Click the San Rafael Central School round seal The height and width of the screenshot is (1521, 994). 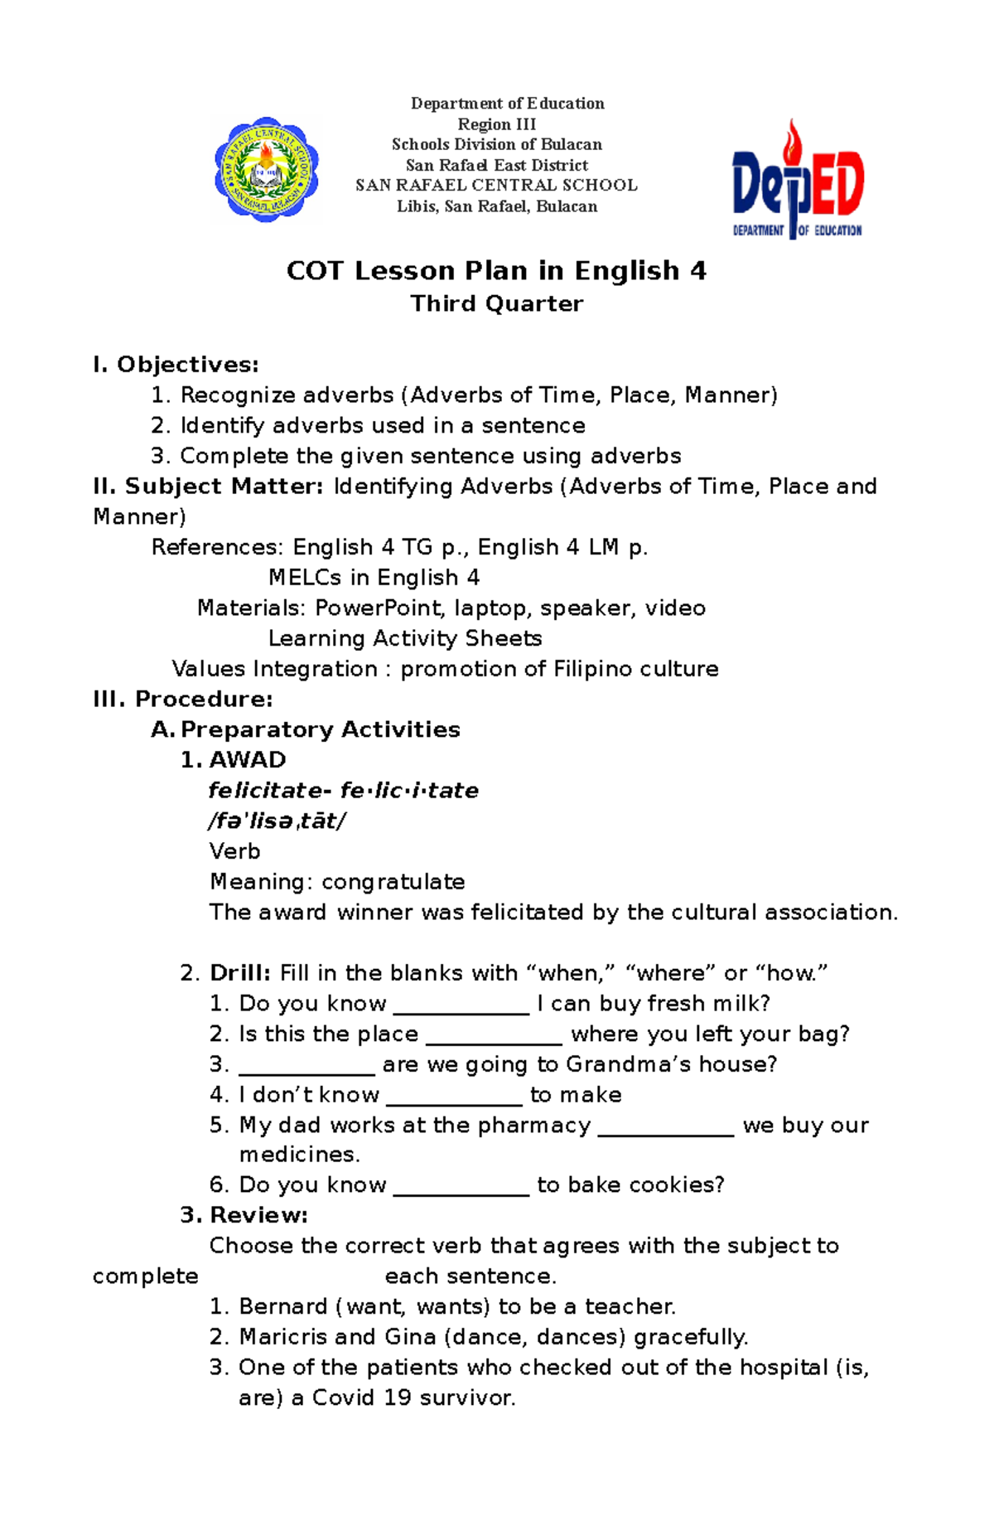[x=267, y=170]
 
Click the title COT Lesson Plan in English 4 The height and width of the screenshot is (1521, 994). [x=496, y=271]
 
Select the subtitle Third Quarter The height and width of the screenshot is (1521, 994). [x=496, y=304]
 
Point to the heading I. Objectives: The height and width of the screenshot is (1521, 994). [x=176, y=365]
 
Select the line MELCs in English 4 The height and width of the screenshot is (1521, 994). [x=374, y=578]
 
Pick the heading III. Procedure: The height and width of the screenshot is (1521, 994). [x=183, y=700]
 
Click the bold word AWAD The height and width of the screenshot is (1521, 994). [x=248, y=760]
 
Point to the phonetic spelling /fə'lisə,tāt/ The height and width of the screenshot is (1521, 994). [x=277, y=821]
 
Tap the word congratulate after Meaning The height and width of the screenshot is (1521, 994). [x=393, y=882]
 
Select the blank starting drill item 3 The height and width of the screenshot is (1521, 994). [x=306, y=1068]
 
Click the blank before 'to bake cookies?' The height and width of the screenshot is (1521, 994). [x=461, y=1189]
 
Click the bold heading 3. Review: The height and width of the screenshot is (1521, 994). [x=244, y=1216]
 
